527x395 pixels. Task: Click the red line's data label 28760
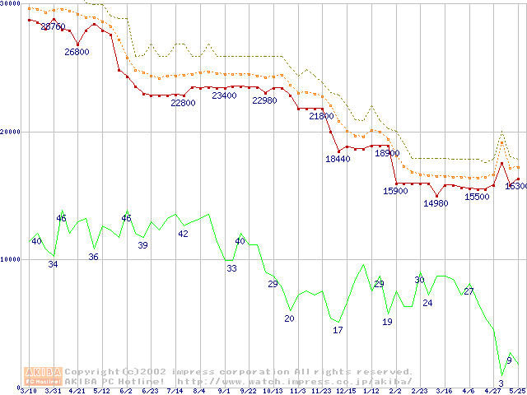(x=54, y=27)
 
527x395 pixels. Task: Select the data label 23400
(x=224, y=95)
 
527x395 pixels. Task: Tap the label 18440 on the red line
(x=338, y=159)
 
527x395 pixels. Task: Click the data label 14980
(x=436, y=203)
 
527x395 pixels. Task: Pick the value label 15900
(x=395, y=191)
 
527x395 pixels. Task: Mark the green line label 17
(x=338, y=330)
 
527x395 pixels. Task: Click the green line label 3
(x=501, y=383)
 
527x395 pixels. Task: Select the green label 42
(x=183, y=234)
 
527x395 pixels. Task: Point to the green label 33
(x=231, y=268)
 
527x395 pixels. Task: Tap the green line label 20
(x=289, y=318)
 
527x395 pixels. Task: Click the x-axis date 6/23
(x=151, y=390)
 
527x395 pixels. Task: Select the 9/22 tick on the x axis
(x=248, y=390)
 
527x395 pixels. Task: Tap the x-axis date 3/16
(x=444, y=390)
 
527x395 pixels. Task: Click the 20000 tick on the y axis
(x=10, y=132)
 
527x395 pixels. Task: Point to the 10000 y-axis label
(x=10, y=259)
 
